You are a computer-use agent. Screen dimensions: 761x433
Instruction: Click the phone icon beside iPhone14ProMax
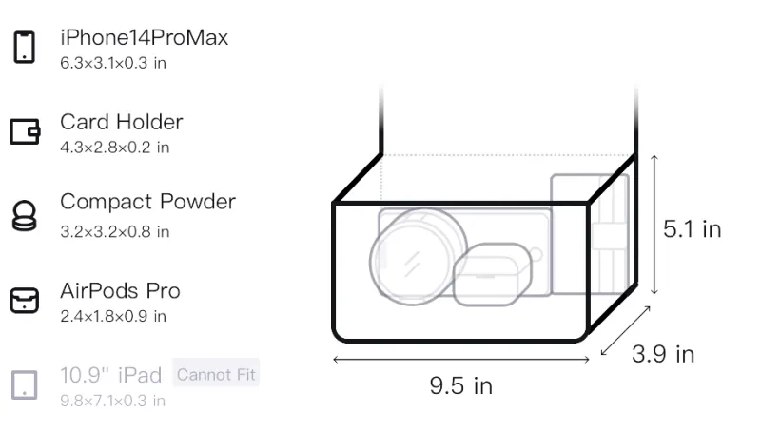[x=25, y=47]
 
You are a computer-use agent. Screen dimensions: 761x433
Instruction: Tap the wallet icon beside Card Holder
[x=25, y=131]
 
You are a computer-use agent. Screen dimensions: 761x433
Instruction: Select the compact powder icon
[x=24, y=215]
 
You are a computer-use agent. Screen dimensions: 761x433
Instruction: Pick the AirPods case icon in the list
[x=25, y=300]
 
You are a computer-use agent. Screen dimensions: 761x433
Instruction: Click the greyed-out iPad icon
[x=25, y=385]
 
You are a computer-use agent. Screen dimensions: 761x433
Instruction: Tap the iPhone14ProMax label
[x=145, y=37]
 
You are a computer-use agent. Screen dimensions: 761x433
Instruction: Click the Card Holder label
[x=122, y=122]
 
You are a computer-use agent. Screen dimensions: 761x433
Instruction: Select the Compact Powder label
[x=148, y=202]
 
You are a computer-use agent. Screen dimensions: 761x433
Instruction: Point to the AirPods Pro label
[x=121, y=291]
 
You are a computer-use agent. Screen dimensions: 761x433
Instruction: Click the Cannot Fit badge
[x=216, y=374]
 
